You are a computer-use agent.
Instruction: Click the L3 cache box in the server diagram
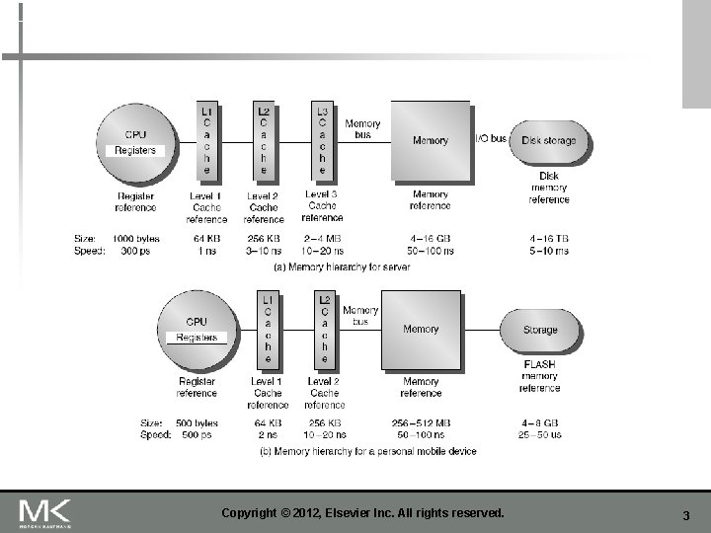point(322,139)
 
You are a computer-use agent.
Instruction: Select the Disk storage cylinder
point(549,141)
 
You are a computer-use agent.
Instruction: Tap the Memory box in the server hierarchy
point(431,140)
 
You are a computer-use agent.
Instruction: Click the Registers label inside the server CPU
point(135,150)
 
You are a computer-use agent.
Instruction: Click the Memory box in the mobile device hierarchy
point(422,330)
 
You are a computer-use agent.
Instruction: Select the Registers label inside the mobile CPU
point(197,338)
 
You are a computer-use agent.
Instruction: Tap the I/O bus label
point(491,138)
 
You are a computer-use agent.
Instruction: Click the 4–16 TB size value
point(549,238)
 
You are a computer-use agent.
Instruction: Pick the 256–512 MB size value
point(421,423)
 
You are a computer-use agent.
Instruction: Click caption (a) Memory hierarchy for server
point(341,266)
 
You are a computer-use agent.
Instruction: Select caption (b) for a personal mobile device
point(367,451)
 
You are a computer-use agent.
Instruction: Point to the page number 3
point(685,516)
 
